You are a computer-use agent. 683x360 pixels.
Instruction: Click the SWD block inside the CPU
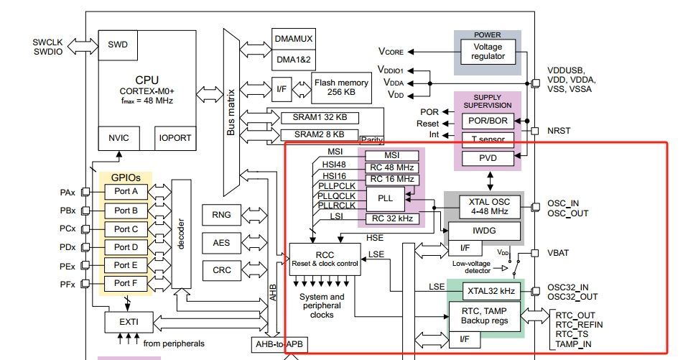tap(118, 45)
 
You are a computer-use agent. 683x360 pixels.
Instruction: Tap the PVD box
tap(488, 157)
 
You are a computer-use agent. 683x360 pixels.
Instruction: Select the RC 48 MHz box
tap(391, 168)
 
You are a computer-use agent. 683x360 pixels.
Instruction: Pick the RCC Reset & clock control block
tap(325, 258)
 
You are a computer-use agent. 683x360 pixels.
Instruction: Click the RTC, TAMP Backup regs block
tap(485, 314)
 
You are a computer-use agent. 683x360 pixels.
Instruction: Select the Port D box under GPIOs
tap(126, 247)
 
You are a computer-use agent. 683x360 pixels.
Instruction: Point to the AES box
tap(221, 243)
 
